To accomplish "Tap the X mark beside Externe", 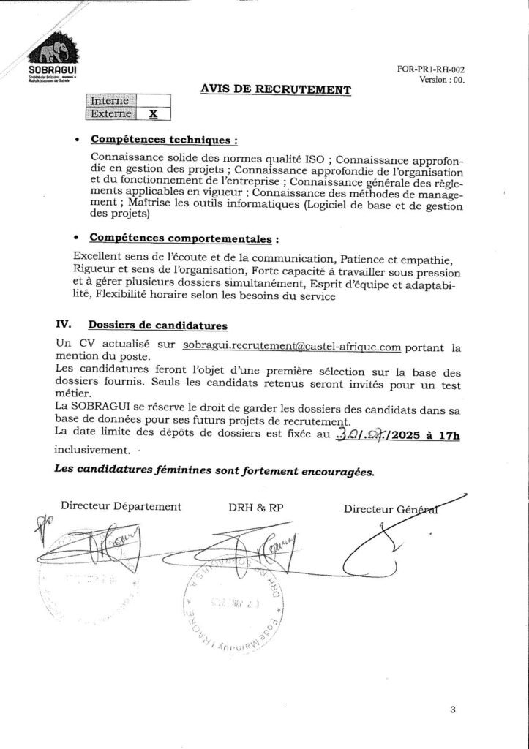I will (x=153, y=113).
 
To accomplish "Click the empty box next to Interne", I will (x=153, y=100).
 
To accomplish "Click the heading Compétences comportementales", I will (x=183, y=238).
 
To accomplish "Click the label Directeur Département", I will (x=121, y=505).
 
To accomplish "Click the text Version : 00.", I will (x=443, y=80).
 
